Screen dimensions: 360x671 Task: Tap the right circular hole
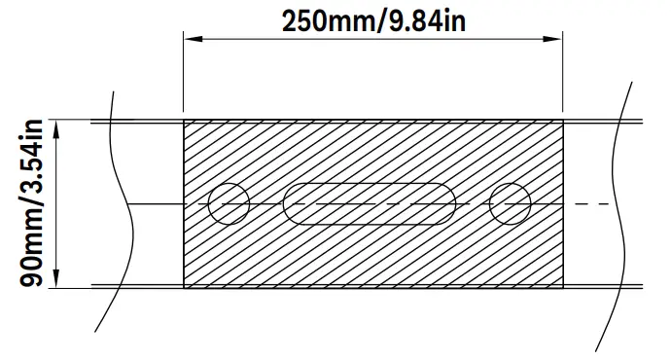click(x=510, y=203)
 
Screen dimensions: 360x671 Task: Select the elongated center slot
click(x=369, y=203)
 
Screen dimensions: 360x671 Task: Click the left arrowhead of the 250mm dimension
click(x=191, y=40)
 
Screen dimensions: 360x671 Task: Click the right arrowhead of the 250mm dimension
click(x=555, y=40)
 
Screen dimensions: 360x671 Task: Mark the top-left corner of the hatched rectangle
click(x=184, y=121)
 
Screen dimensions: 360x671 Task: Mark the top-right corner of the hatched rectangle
click(x=563, y=121)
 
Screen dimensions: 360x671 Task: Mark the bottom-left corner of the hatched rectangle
click(x=184, y=287)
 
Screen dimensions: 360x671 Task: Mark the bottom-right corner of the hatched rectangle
click(x=563, y=287)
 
